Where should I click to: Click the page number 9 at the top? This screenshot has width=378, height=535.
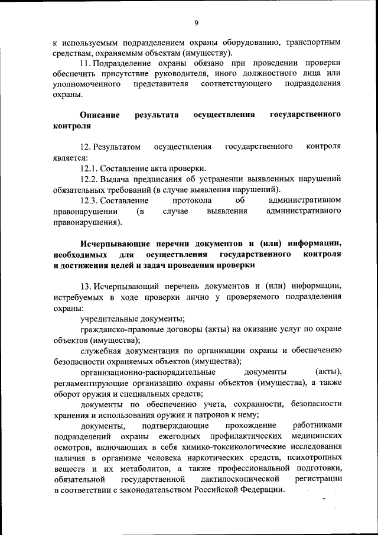[x=196, y=23]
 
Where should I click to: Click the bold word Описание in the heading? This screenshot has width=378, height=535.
[x=100, y=114]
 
